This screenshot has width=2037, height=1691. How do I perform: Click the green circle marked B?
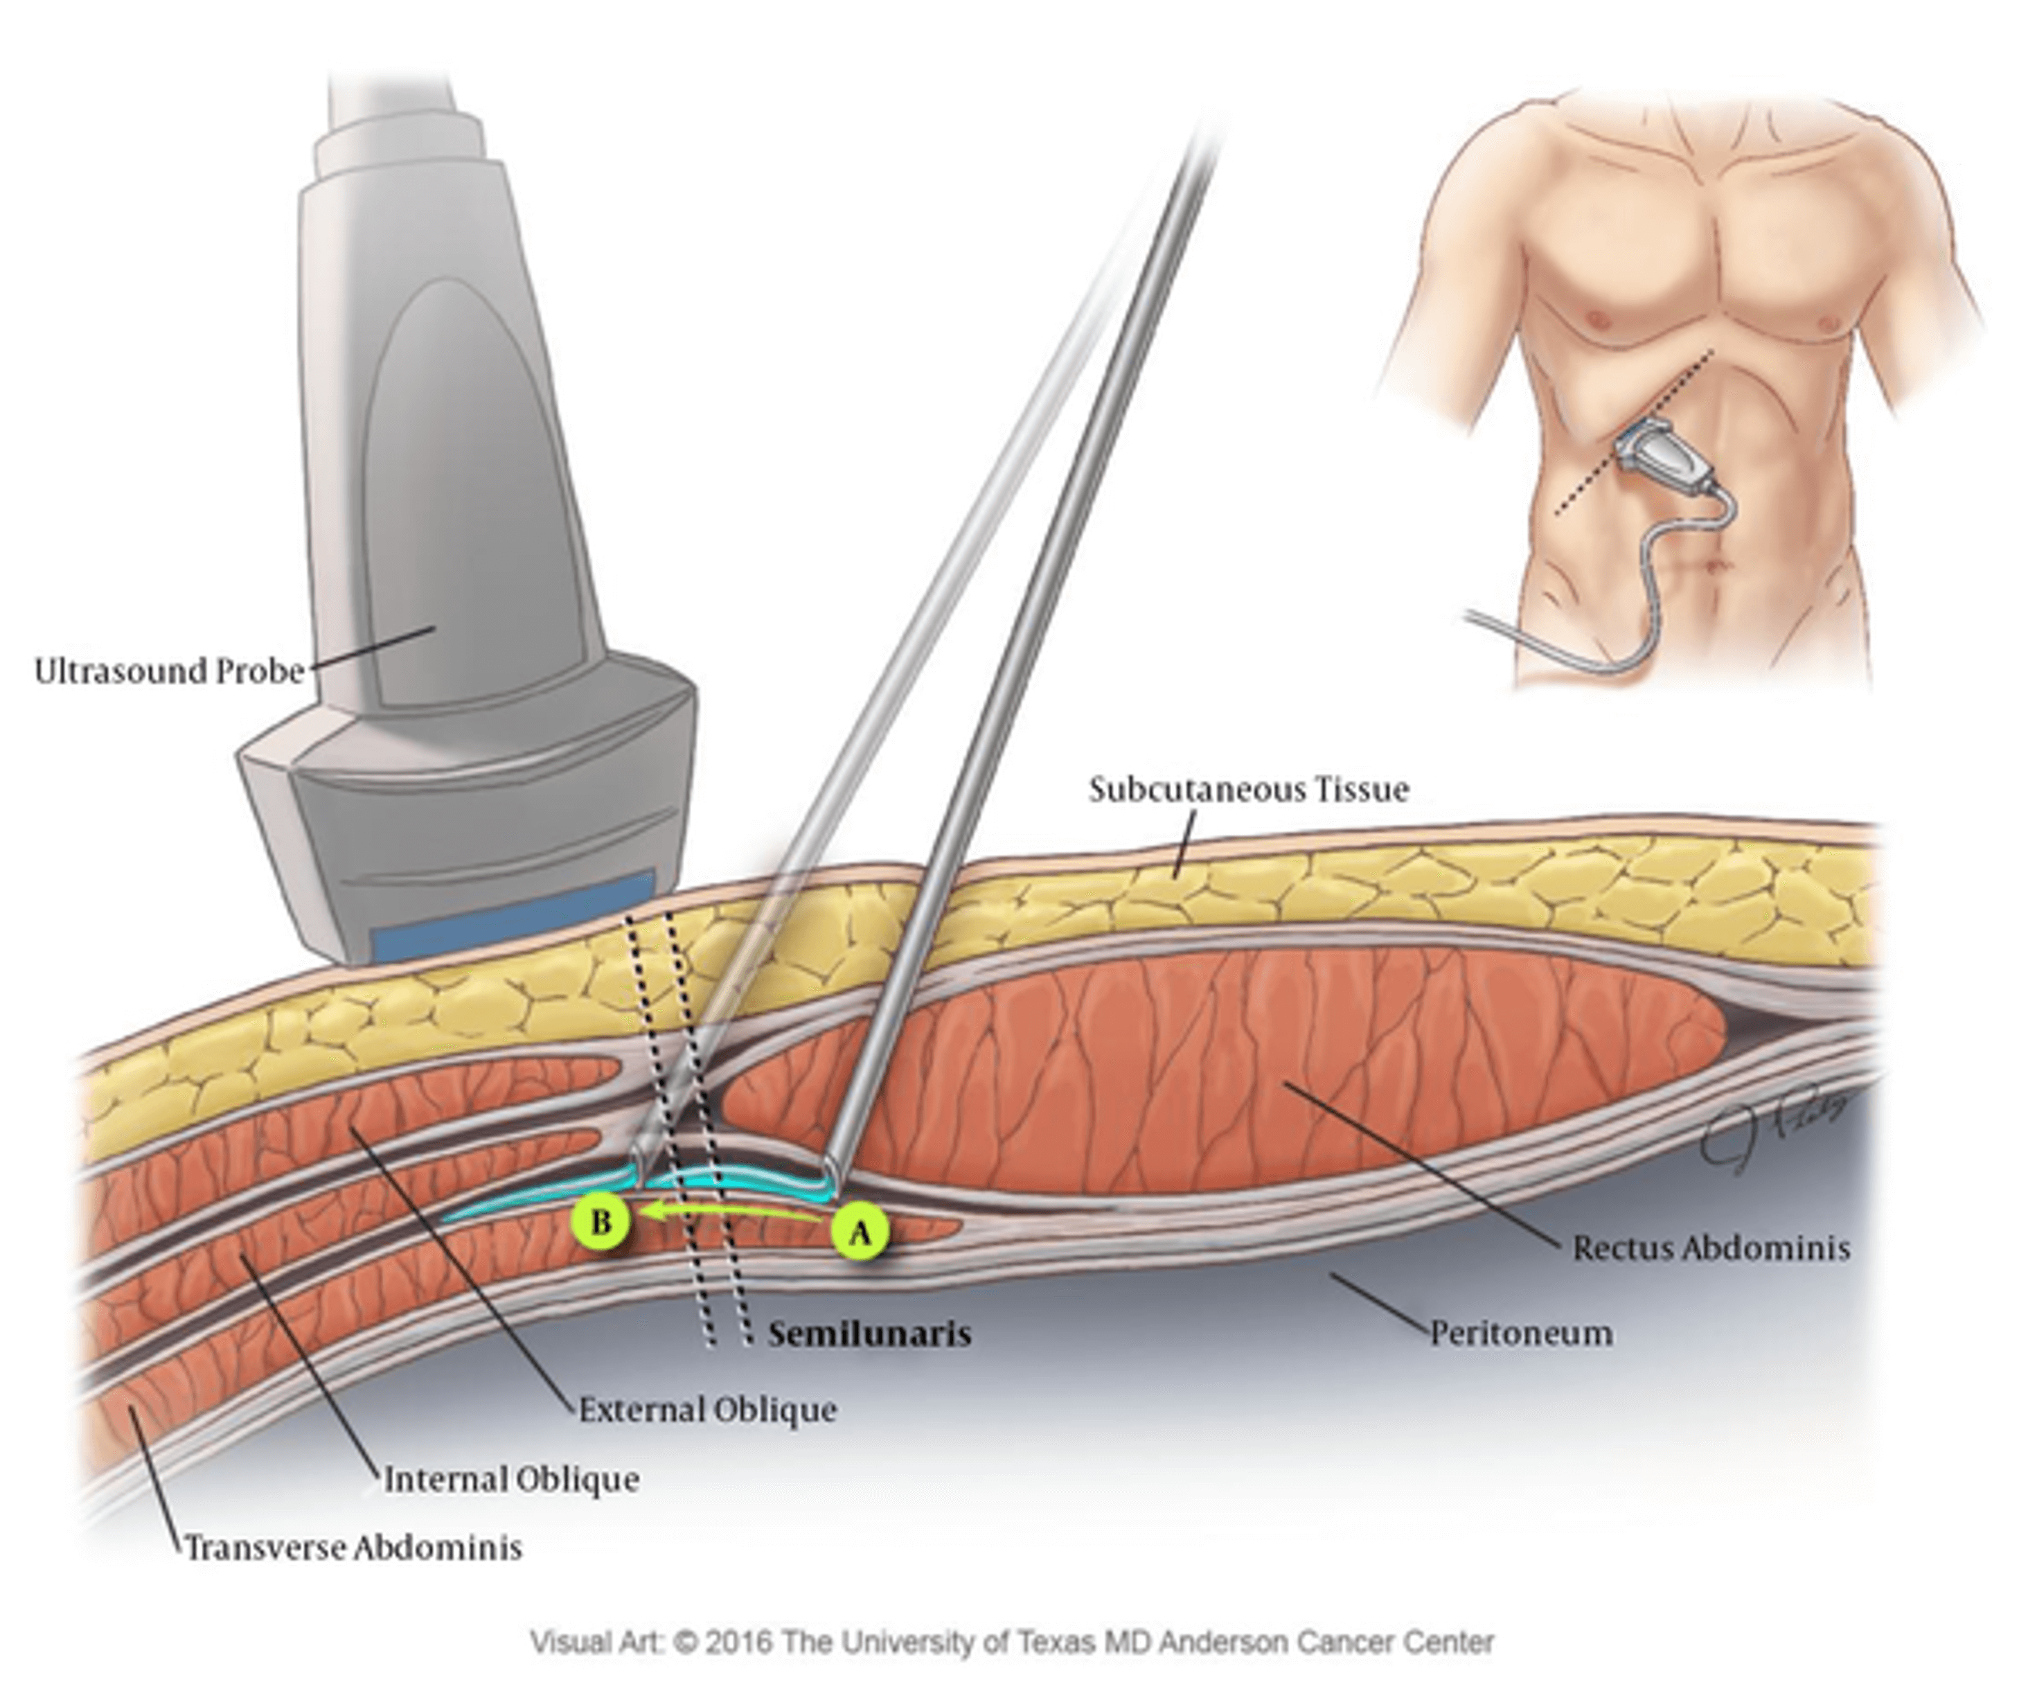601,1221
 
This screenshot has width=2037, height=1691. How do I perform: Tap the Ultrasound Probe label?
170,671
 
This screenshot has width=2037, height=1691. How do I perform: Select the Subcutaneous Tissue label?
1248,789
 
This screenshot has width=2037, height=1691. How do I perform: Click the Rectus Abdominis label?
1711,1248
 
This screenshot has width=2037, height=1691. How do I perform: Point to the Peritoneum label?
1522,1333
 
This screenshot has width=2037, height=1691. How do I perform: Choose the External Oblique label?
707,1410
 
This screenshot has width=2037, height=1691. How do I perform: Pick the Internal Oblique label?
511,1480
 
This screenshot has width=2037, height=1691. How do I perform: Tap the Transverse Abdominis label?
353,1548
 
